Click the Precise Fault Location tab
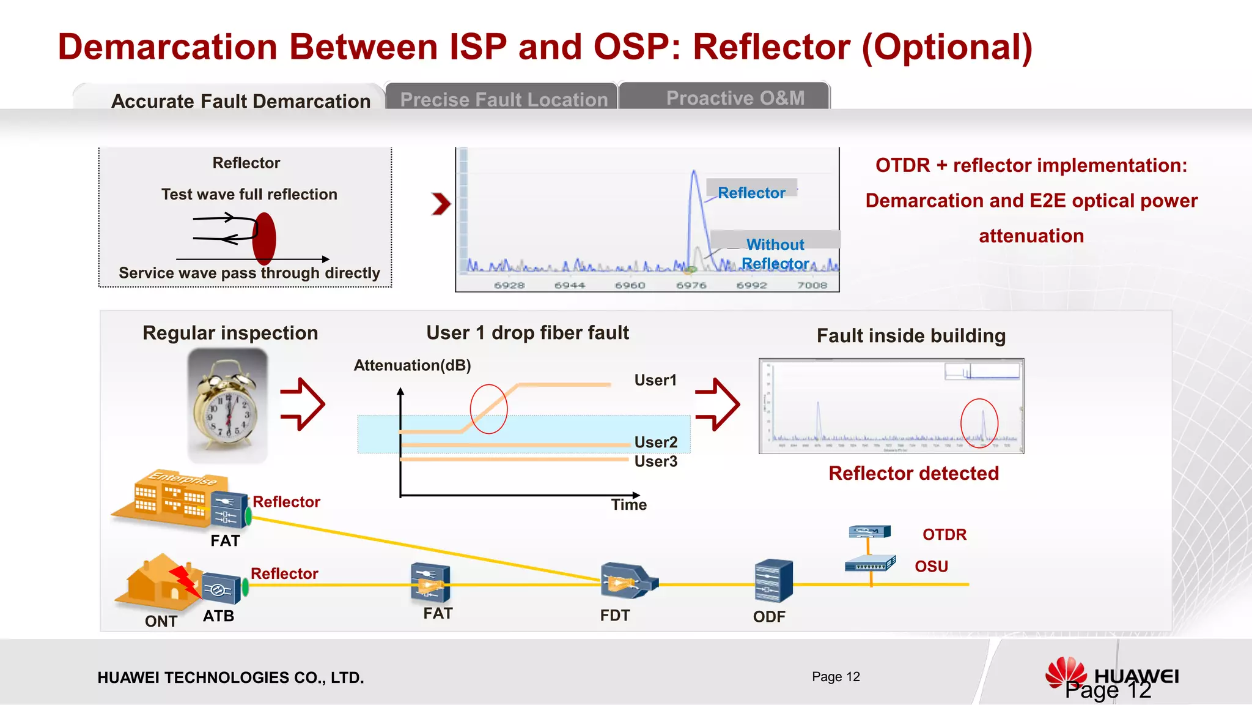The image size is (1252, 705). [x=503, y=99]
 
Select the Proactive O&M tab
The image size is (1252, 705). [x=735, y=98]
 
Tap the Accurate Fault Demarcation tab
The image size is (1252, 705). [x=241, y=101]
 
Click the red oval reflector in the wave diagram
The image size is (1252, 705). [x=264, y=239]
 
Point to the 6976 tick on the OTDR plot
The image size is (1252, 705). [x=691, y=285]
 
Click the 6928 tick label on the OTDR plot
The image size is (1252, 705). [x=509, y=285]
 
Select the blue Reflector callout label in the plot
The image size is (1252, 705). [x=751, y=193]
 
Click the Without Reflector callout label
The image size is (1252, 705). [x=775, y=253]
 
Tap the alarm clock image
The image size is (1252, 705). [x=227, y=405]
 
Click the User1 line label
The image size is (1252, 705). [x=655, y=380]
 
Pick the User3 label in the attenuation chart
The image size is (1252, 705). [x=655, y=461]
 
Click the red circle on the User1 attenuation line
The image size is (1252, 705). [x=488, y=409]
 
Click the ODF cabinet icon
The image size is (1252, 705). [x=773, y=581]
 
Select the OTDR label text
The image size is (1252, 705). [x=944, y=534]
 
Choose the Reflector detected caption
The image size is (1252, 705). [x=913, y=473]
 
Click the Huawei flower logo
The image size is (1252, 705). [x=1065, y=673]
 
